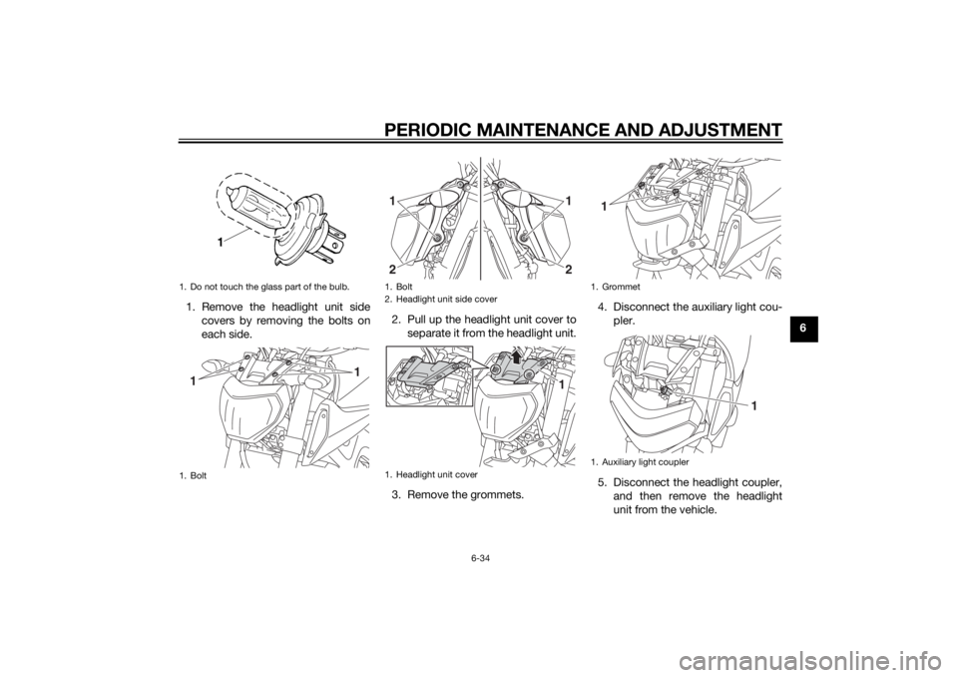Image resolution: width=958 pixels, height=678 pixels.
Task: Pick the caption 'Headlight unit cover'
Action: point(436,474)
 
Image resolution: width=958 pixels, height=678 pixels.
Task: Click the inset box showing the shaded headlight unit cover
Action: point(430,376)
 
